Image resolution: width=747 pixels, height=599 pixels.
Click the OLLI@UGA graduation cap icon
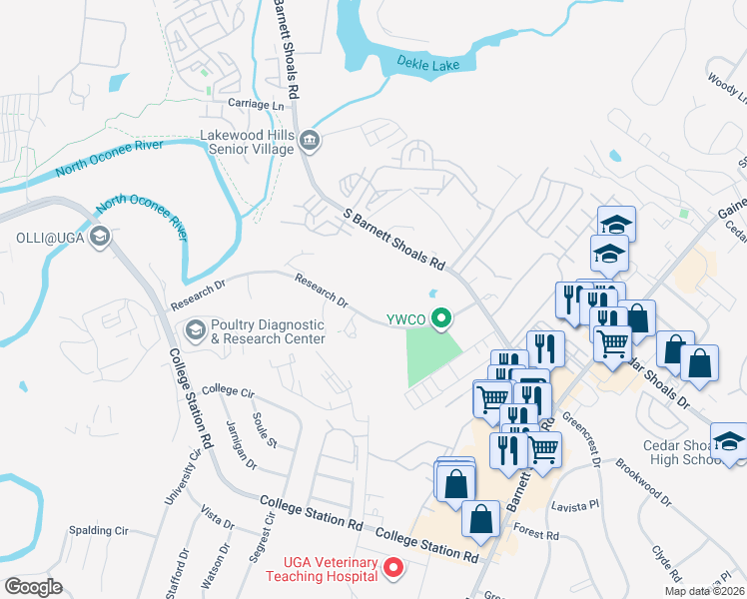(x=99, y=237)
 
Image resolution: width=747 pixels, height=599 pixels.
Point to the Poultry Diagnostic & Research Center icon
(x=195, y=328)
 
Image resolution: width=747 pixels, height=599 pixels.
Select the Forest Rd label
(x=538, y=535)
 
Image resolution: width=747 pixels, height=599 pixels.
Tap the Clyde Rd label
(x=665, y=562)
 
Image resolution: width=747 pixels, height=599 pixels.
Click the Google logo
(x=34, y=586)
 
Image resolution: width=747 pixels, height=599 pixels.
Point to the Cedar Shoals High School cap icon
(x=729, y=440)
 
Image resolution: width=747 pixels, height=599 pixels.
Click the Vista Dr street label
(x=216, y=516)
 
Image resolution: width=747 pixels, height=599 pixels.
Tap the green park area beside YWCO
(x=431, y=355)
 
